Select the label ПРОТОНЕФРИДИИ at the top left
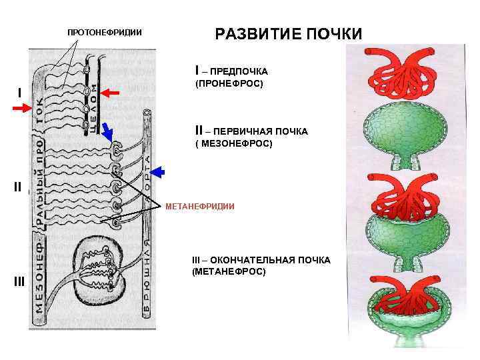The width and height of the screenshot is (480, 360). tap(105, 33)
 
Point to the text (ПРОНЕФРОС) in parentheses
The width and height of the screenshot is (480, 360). tap(229, 84)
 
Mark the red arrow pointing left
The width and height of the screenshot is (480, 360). tap(110, 94)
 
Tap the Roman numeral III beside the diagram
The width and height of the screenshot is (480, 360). tap(19, 281)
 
